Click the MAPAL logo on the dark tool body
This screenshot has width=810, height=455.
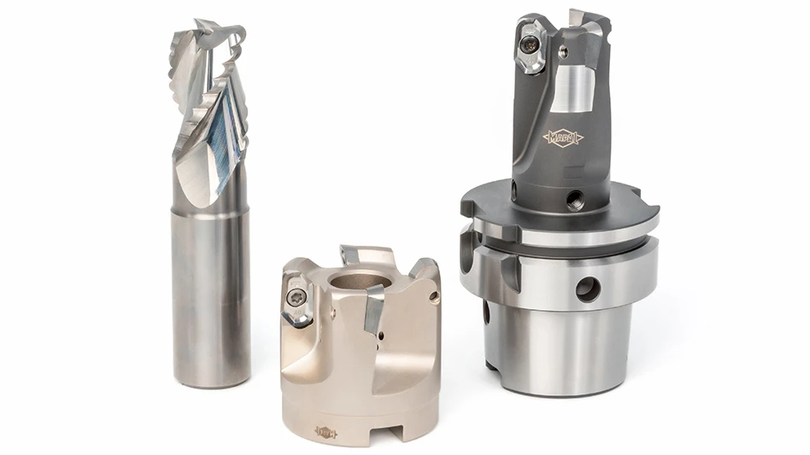[562, 137]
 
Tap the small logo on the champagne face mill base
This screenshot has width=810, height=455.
[326, 431]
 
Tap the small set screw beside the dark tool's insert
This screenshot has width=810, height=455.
[561, 53]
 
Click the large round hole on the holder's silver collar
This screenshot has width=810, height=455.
[588, 289]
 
